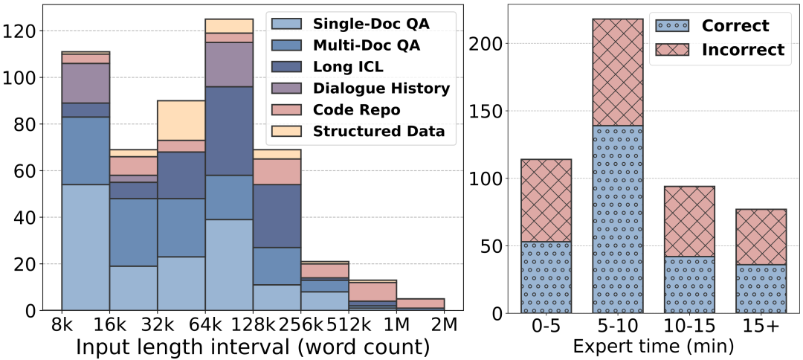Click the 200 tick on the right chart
[488, 44]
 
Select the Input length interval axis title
[253, 347]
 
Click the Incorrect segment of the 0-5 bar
[546, 200]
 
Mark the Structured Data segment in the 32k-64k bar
[181, 120]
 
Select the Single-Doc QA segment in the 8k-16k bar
[86, 247]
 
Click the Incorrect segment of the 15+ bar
[760, 237]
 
